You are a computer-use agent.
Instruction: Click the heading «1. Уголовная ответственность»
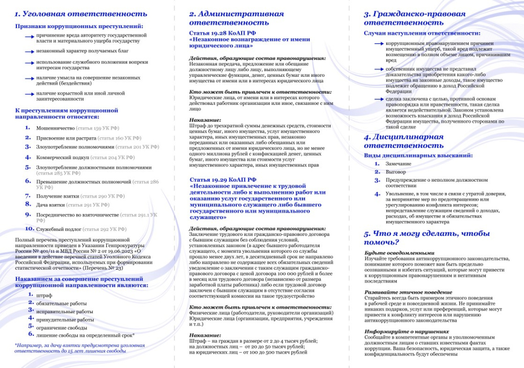81,14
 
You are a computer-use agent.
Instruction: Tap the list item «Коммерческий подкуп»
62,157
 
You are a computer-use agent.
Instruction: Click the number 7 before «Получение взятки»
28,196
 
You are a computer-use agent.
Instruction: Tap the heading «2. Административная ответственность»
236,18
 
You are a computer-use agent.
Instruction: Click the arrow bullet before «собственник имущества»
379,69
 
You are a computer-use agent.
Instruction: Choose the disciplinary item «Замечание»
399,163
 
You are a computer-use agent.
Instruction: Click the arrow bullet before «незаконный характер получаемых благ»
30,51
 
